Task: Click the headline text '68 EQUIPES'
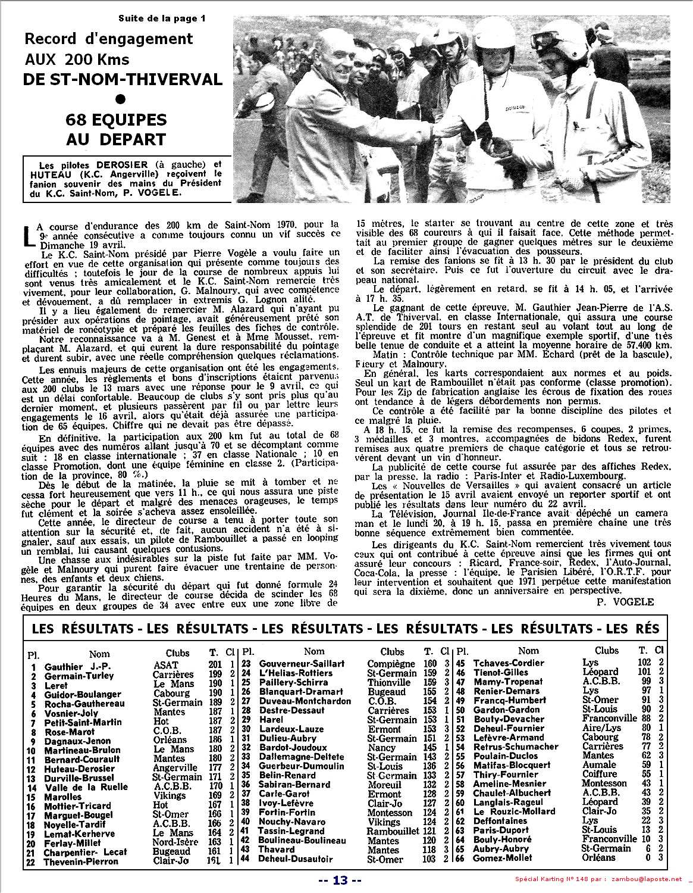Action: coord(116,120)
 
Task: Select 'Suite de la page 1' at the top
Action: coord(161,18)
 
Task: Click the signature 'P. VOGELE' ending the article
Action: coord(624,602)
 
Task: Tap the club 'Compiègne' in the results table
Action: coord(391,663)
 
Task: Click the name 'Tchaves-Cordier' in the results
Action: coord(509,663)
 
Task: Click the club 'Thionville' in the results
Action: coord(389,682)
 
